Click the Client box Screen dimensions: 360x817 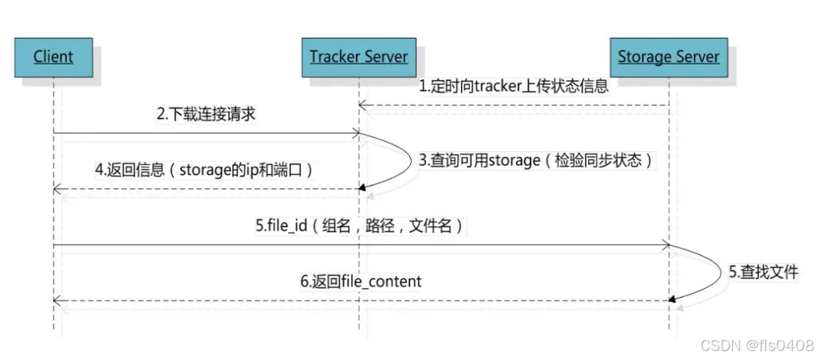click(x=53, y=57)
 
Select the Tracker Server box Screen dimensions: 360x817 click(x=358, y=57)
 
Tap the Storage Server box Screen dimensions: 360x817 click(x=668, y=57)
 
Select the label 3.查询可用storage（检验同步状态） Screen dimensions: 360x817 click(x=536, y=160)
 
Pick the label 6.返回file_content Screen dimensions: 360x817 click(x=361, y=282)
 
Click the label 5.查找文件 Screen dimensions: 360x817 click(x=763, y=273)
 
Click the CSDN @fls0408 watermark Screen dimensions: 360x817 click(x=757, y=346)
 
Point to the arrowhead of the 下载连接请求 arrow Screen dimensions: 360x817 click(x=355, y=133)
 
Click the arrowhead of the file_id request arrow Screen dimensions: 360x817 click(x=665, y=244)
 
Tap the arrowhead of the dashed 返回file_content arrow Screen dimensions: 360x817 click(x=57, y=300)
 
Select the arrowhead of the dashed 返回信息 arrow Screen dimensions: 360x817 click(x=57, y=188)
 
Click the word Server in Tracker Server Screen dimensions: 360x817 click(x=383, y=57)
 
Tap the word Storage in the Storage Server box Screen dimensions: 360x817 click(x=645, y=57)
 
